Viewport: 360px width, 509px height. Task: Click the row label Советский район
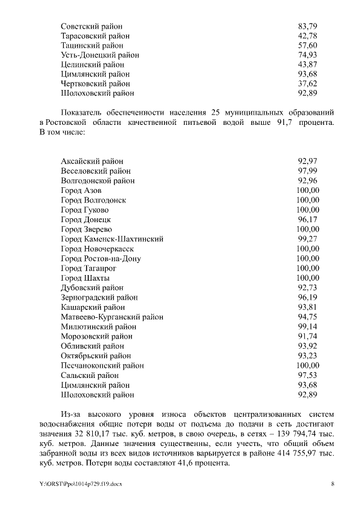(91, 26)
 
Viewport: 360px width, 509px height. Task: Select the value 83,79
(307, 26)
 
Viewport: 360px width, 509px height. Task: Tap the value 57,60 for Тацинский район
(307, 45)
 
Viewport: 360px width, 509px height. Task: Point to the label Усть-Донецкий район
(100, 55)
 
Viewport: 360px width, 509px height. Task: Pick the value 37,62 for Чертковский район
(307, 83)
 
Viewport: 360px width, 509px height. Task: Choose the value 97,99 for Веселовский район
(307, 171)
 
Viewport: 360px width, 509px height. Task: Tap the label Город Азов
(81, 191)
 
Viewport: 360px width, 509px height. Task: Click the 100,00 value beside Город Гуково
(307, 210)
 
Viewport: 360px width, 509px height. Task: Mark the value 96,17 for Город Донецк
(307, 219)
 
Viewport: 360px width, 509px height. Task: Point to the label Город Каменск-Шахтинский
(112, 239)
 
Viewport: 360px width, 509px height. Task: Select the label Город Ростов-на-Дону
(101, 259)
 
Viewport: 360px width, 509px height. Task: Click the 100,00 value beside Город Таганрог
(307, 268)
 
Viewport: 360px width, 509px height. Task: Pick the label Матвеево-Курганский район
(112, 317)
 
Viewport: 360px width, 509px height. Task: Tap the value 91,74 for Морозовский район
(307, 336)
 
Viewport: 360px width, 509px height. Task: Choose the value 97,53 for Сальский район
(307, 375)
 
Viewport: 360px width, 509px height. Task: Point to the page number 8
(332, 484)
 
